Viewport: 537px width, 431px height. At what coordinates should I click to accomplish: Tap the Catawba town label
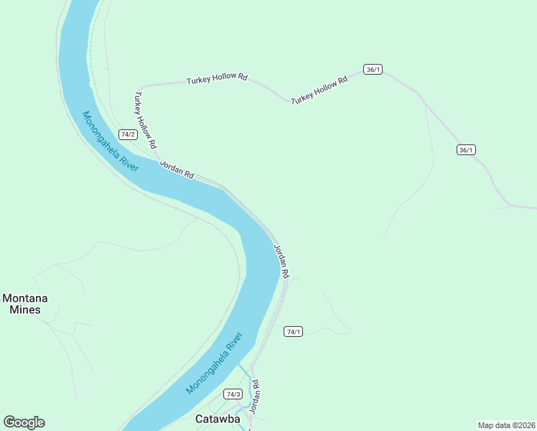pos(218,418)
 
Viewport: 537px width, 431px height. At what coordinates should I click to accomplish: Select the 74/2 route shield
pos(128,134)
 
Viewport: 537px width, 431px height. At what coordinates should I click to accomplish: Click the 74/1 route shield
pos(293,331)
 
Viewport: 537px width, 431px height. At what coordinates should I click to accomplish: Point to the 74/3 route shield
pos(233,394)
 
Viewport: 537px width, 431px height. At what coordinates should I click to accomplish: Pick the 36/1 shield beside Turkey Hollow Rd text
pos(373,69)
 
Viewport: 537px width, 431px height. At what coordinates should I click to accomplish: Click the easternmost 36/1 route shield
pos(466,149)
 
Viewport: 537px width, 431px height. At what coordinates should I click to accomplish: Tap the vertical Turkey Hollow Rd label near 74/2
pos(145,119)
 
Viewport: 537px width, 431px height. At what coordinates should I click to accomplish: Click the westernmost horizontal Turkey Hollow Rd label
pos(217,78)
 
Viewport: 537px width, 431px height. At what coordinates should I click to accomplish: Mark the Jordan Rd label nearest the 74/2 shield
pos(177,170)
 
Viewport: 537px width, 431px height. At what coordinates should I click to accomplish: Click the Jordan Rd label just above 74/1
pos(281,260)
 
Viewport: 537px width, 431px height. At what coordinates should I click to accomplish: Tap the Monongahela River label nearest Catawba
pos(215,363)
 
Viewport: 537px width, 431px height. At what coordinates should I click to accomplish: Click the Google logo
pos(24,422)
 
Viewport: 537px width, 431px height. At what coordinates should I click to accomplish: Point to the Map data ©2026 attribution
pos(506,425)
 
